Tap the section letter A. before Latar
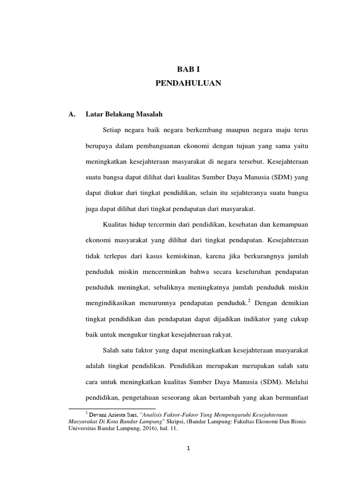[x=72, y=113]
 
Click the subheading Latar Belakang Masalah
[x=124, y=113]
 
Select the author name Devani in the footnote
[x=99, y=415]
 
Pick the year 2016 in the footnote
[x=136, y=428]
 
